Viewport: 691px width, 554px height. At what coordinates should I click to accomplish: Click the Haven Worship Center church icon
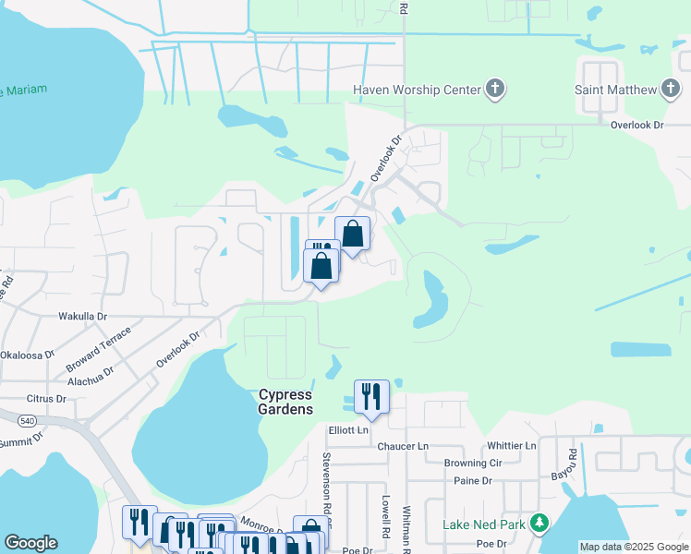point(495,89)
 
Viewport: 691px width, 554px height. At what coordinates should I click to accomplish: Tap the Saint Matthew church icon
point(671,89)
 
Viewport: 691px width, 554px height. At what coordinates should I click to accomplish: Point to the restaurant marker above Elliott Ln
point(370,397)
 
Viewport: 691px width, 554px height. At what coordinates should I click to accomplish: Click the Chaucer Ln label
point(403,446)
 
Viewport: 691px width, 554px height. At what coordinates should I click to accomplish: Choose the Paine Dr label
point(472,480)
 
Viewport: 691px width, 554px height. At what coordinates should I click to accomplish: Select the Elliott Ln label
point(348,430)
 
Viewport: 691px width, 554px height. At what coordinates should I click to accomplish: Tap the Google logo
point(30,543)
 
